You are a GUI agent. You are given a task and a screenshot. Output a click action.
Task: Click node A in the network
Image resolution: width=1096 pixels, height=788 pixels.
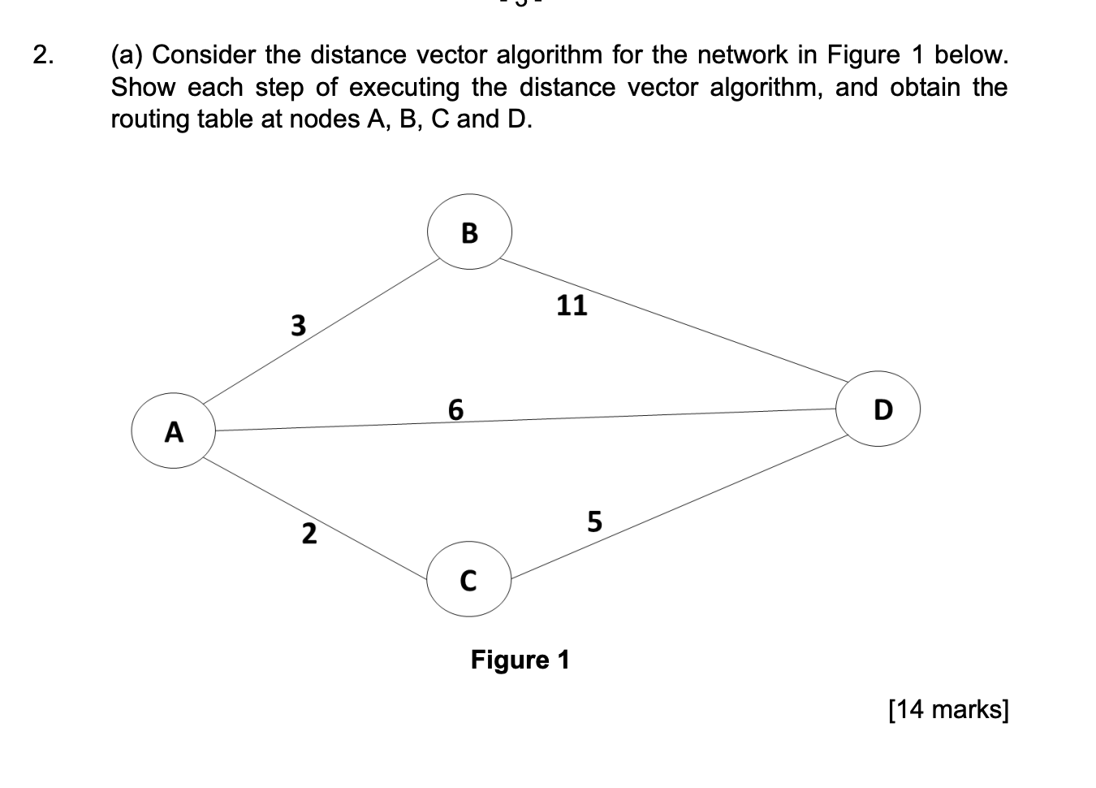[x=173, y=431]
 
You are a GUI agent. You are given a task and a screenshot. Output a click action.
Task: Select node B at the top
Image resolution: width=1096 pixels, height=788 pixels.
[x=469, y=232]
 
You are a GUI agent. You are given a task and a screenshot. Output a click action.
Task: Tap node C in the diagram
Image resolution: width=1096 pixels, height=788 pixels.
[x=468, y=580]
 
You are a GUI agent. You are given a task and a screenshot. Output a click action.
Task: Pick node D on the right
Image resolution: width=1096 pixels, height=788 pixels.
[x=882, y=409]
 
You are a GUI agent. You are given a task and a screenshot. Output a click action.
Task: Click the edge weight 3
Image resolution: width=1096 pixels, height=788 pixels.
[x=299, y=326]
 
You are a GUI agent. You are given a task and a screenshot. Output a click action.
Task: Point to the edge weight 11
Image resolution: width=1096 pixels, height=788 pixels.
[x=571, y=305]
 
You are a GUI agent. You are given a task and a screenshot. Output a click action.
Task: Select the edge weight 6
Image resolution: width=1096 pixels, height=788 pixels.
[x=455, y=409]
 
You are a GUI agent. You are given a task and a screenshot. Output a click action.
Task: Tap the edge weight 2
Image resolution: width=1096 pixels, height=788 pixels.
[x=309, y=534]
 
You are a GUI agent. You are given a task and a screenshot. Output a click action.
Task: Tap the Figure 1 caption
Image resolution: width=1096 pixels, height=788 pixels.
[x=520, y=660]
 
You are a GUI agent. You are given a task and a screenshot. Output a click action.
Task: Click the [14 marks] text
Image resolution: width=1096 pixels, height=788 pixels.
[x=948, y=709]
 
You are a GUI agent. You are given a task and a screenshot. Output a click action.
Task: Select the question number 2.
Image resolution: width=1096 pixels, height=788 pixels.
[x=45, y=55]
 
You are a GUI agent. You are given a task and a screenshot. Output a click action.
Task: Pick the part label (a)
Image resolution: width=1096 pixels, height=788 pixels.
[x=127, y=55]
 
